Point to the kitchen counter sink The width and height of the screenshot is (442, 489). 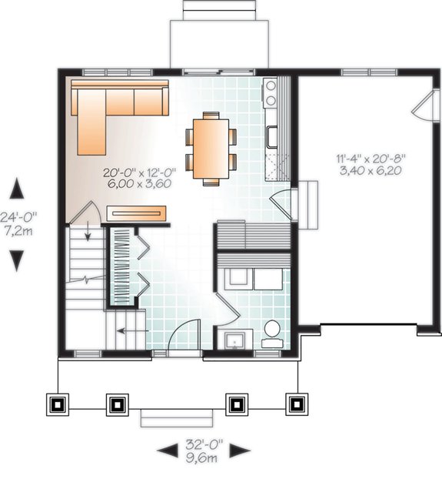coord(272,136)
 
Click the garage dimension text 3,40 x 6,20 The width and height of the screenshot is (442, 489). coord(371,170)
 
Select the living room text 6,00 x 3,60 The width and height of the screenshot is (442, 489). coord(136,184)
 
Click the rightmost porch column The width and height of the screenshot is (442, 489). coord(297,404)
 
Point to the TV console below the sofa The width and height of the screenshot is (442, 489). coord(136,210)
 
